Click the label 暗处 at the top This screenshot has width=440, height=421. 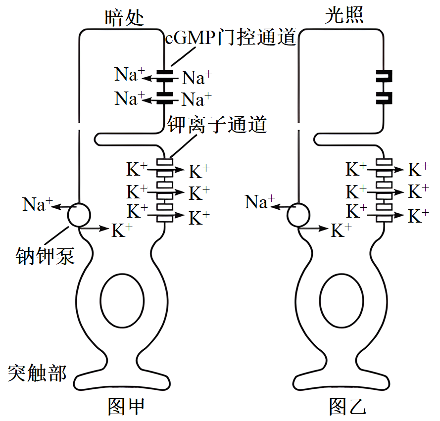[124, 17]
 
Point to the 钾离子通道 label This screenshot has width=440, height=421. [217, 124]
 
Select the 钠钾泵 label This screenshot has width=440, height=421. [45, 256]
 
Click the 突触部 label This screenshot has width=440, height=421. [37, 373]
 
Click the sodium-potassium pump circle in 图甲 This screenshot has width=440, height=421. [79, 215]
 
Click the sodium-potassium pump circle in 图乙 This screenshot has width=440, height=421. [298, 215]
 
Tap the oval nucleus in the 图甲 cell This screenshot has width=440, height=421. [122, 300]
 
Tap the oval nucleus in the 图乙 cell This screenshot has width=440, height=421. [342, 300]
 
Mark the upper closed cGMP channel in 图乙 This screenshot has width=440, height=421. [384, 77]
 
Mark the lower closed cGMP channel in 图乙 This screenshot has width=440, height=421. [384, 97]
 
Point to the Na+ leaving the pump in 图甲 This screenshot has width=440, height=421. [36, 204]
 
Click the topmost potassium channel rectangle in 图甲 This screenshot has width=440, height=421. [164, 162]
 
